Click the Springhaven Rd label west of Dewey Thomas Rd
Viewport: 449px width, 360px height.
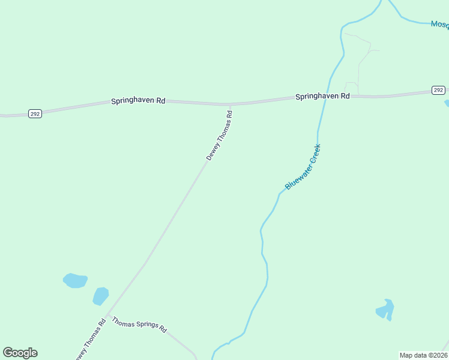coord(138,101)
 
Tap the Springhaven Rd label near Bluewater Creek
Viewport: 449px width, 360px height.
coord(322,96)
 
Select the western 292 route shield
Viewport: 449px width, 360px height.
coord(35,113)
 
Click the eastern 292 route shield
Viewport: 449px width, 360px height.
coord(438,90)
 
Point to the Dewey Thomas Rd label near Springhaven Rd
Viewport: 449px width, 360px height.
coord(219,135)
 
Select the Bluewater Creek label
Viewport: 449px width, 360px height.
coord(303,167)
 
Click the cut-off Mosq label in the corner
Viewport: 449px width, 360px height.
coord(439,25)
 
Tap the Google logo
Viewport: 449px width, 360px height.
coord(20,353)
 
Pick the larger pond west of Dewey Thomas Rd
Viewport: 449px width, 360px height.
coord(76,280)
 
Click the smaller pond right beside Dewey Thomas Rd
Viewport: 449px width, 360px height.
coord(101,296)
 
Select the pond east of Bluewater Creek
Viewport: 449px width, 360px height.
coord(385,310)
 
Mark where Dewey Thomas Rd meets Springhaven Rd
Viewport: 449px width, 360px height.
coord(229,105)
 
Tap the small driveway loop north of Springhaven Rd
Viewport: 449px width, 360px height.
coord(351,88)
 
